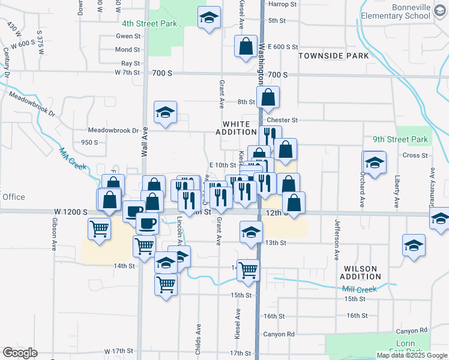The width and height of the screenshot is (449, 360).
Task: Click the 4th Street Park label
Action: [x=149, y=23]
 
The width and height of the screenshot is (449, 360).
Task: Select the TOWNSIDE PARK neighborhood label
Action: [x=334, y=56]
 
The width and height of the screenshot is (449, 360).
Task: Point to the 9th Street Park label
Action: [x=400, y=140]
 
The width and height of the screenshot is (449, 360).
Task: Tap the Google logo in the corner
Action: [x=20, y=353]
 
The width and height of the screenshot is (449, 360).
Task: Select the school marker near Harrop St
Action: [x=209, y=18]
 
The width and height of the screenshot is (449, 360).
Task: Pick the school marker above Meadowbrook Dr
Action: [x=165, y=112]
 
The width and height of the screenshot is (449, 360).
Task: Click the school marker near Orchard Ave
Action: [x=373, y=162]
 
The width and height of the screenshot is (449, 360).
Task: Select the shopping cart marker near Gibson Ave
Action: [x=99, y=228]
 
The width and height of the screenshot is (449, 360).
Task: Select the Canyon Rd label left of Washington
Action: [x=279, y=334]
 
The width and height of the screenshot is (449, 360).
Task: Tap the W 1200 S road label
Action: [x=71, y=212]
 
